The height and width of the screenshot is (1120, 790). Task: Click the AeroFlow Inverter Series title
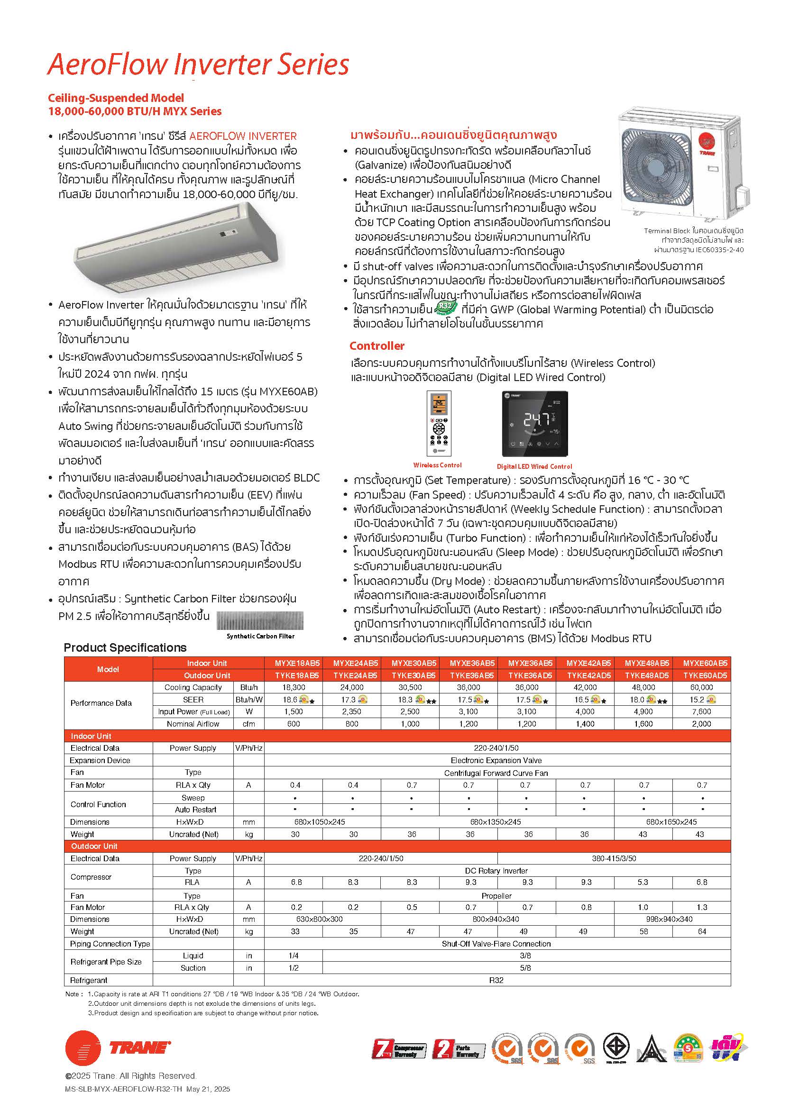tap(198, 65)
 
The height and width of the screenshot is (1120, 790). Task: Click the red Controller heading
tap(377, 346)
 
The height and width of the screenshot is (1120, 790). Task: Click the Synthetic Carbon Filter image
tap(259, 620)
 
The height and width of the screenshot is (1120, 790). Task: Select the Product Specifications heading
tap(125, 647)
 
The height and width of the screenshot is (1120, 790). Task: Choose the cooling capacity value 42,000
tap(585, 687)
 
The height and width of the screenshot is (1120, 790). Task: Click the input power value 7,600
tap(701, 712)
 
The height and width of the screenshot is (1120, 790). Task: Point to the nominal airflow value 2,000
tap(701, 724)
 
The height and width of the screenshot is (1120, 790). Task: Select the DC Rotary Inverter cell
tap(496, 870)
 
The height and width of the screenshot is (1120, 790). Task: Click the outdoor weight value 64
tap(702, 931)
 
